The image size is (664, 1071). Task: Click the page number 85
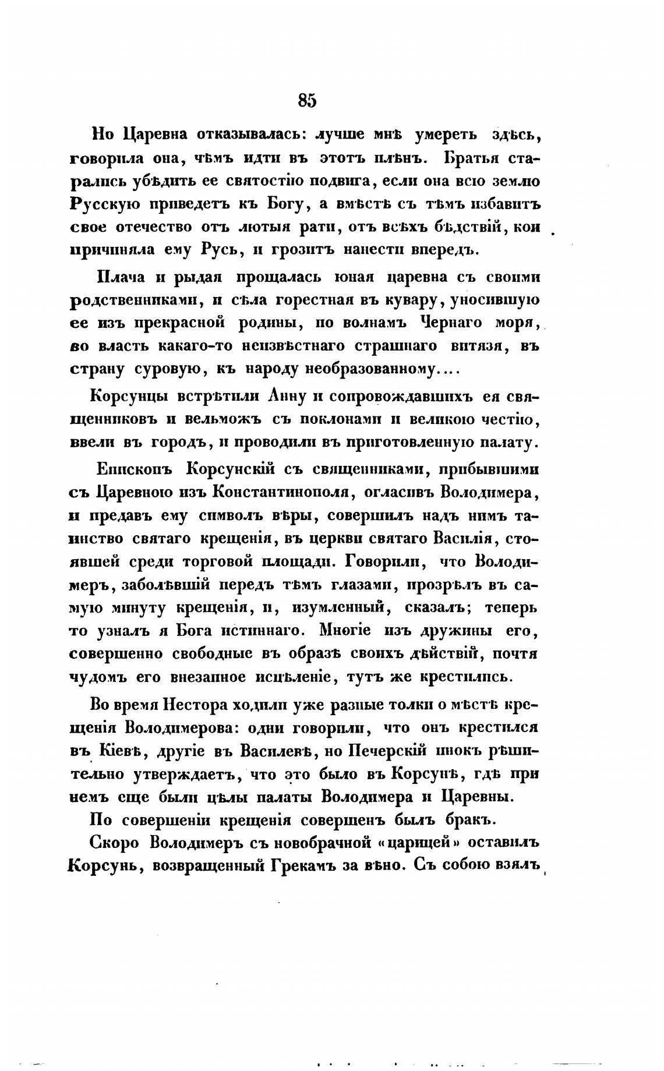coord(307,101)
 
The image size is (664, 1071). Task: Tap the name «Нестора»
coord(197,705)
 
